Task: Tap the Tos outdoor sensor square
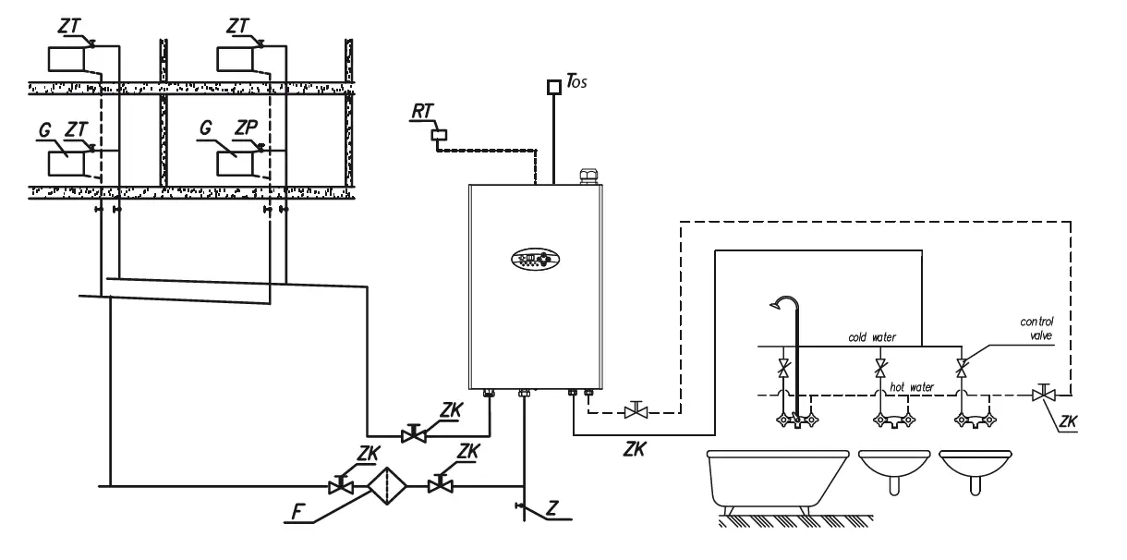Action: pos(553,88)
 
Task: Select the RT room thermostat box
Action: pos(439,134)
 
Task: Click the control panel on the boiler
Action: pos(537,257)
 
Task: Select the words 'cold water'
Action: pos(872,337)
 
